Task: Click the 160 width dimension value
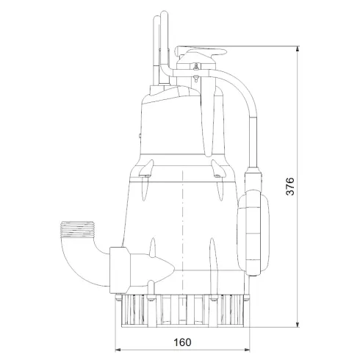(x=184, y=342)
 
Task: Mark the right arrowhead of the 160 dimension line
(x=248, y=350)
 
